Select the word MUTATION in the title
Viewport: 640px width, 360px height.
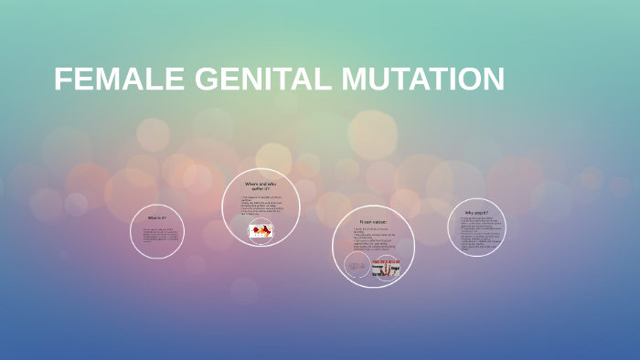coord(423,80)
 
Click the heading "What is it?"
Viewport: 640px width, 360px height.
coord(157,218)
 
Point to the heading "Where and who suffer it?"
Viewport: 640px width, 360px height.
coord(261,186)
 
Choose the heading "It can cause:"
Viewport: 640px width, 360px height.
coord(373,222)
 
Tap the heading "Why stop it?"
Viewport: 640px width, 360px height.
coord(476,213)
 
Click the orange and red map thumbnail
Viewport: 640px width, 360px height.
coord(261,232)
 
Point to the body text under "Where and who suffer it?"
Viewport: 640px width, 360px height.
coord(261,207)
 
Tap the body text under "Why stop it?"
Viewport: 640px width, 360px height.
coord(476,230)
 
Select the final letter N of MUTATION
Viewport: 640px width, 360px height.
coord(493,80)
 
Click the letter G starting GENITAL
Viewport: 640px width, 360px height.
coord(208,80)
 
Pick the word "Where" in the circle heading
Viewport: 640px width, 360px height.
coord(252,184)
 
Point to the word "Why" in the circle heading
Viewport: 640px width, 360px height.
coord(469,213)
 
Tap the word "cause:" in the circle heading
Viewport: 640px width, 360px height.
coord(379,222)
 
